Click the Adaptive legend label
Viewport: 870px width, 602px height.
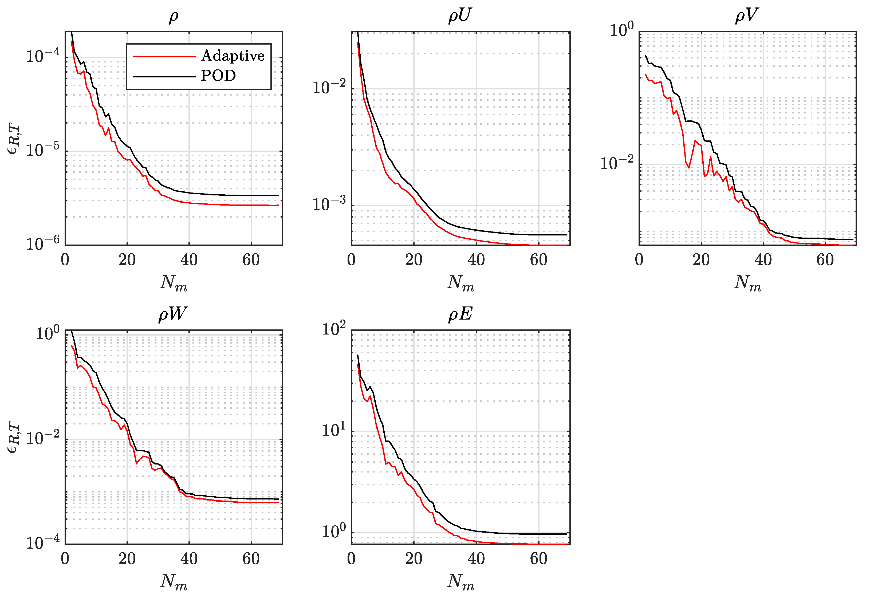point(233,56)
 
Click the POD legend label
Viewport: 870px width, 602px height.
point(218,76)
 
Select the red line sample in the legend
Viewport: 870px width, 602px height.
point(164,57)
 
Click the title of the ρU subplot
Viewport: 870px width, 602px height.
point(460,16)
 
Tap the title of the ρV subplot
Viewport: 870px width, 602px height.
point(747,16)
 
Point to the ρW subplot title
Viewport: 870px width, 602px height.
point(173,314)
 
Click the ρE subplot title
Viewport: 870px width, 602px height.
point(460,314)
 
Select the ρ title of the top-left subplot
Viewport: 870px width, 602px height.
point(174,17)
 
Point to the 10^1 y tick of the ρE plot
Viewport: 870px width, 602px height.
point(334,430)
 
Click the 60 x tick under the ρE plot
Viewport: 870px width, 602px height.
point(538,559)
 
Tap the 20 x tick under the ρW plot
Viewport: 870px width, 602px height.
point(127,559)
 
